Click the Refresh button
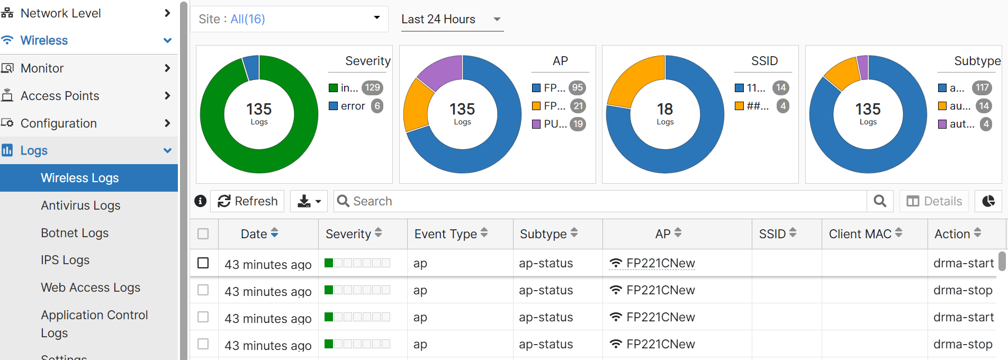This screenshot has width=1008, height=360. point(247,201)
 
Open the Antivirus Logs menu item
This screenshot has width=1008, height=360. point(80,205)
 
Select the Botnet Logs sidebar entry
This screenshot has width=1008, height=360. point(75,233)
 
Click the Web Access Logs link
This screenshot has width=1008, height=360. point(91,287)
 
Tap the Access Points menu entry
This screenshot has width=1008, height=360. point(60,96)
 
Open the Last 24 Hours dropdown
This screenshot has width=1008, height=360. point(451,20)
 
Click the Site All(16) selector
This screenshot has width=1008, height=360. point(289,19)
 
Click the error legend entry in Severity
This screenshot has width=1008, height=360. point(353,106)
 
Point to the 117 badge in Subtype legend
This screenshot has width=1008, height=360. point(982,88)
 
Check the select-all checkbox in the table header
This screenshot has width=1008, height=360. point(203,234)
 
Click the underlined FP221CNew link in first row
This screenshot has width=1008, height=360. point(660,263)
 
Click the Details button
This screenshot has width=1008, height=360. point(934,201)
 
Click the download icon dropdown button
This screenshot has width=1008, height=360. point(309,201)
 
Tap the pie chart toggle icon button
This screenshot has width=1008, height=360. point(988,201)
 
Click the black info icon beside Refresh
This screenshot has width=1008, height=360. point(200,201)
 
